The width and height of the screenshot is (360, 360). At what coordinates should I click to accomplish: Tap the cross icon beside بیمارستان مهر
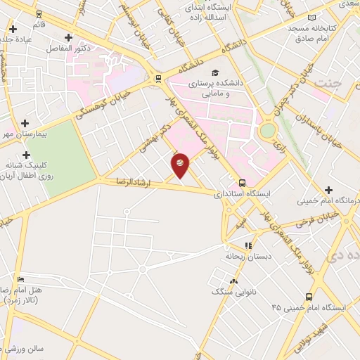coord(25,122)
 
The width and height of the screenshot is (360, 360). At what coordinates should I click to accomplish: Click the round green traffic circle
coord(268,130)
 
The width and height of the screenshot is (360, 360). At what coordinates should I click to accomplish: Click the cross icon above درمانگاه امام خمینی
coord(328,190)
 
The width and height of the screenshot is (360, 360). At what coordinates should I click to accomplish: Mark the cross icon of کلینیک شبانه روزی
coord(27,155)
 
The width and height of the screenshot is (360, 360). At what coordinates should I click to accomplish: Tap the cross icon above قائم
coord(13,29)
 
